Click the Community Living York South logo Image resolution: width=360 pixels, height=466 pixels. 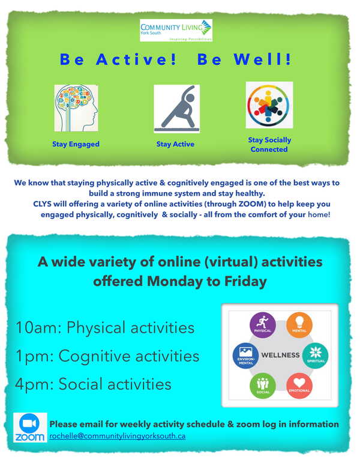176,30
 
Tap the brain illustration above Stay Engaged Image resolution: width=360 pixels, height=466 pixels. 76,108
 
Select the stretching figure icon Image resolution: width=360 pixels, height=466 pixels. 177,109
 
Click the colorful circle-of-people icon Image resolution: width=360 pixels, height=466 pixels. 269,105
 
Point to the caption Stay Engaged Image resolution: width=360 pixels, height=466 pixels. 76,144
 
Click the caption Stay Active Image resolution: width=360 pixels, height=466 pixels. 175,144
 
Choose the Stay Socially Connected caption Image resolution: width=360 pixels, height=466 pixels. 269,145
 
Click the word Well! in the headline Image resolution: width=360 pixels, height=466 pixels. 262,59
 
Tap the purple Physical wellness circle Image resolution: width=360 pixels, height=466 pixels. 263,325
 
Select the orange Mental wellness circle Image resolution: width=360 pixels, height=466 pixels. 299,325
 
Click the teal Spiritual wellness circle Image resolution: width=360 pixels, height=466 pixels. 316,356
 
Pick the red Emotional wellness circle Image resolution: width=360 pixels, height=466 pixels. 299,386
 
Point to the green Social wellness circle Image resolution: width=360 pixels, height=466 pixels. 263,386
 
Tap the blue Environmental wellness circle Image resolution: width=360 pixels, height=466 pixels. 245,356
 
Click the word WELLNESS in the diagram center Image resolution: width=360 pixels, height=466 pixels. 280,355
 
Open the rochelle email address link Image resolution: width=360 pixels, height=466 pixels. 118,436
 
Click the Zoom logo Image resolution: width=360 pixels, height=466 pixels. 30,428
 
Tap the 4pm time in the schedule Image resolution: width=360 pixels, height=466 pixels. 34,384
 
